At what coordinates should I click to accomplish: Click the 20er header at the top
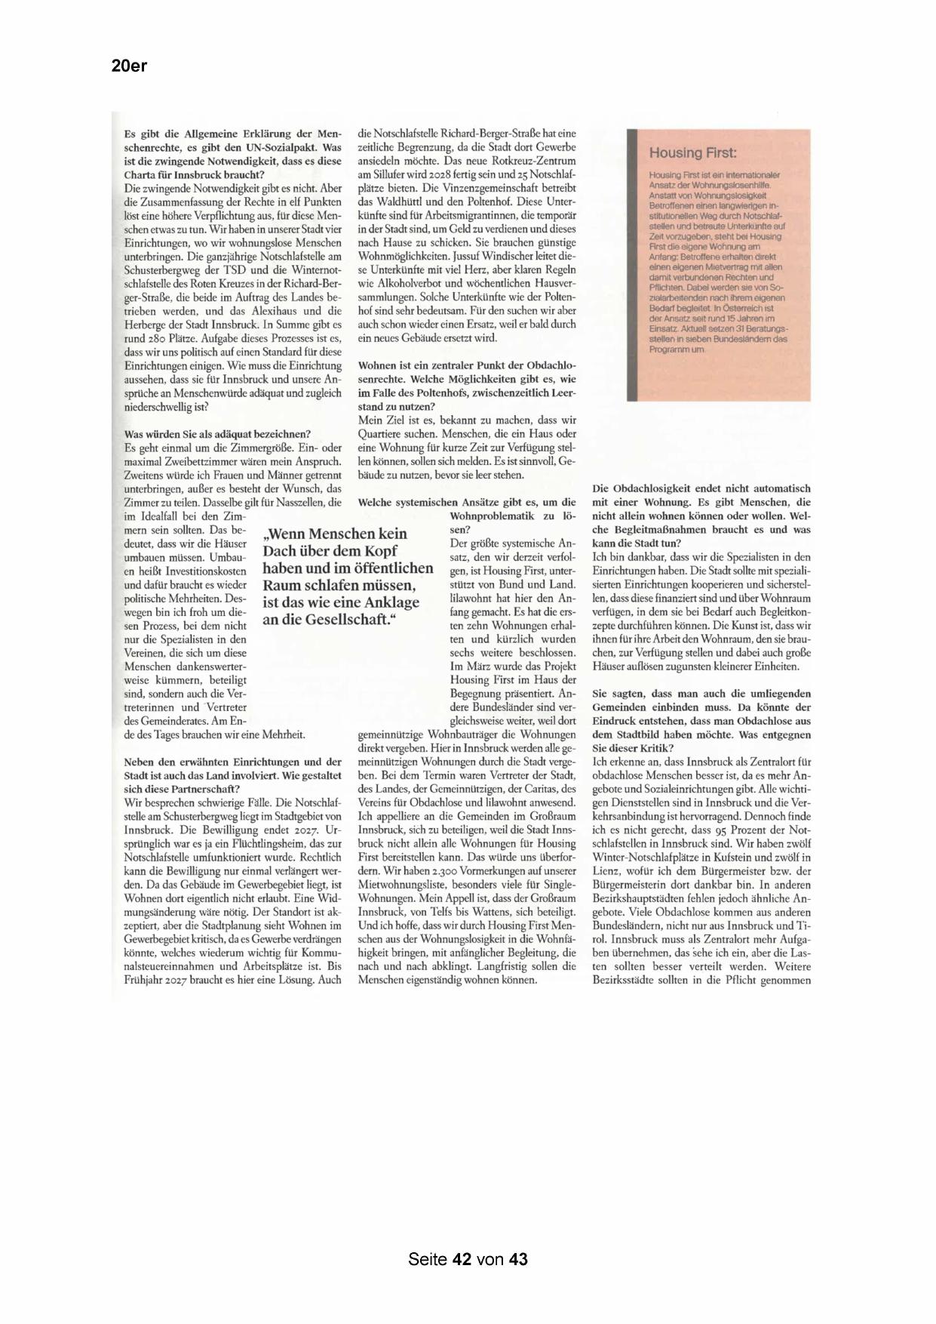point(129,66)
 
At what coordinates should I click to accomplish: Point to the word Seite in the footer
point(428,1259)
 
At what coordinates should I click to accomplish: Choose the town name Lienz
point(607,871)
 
